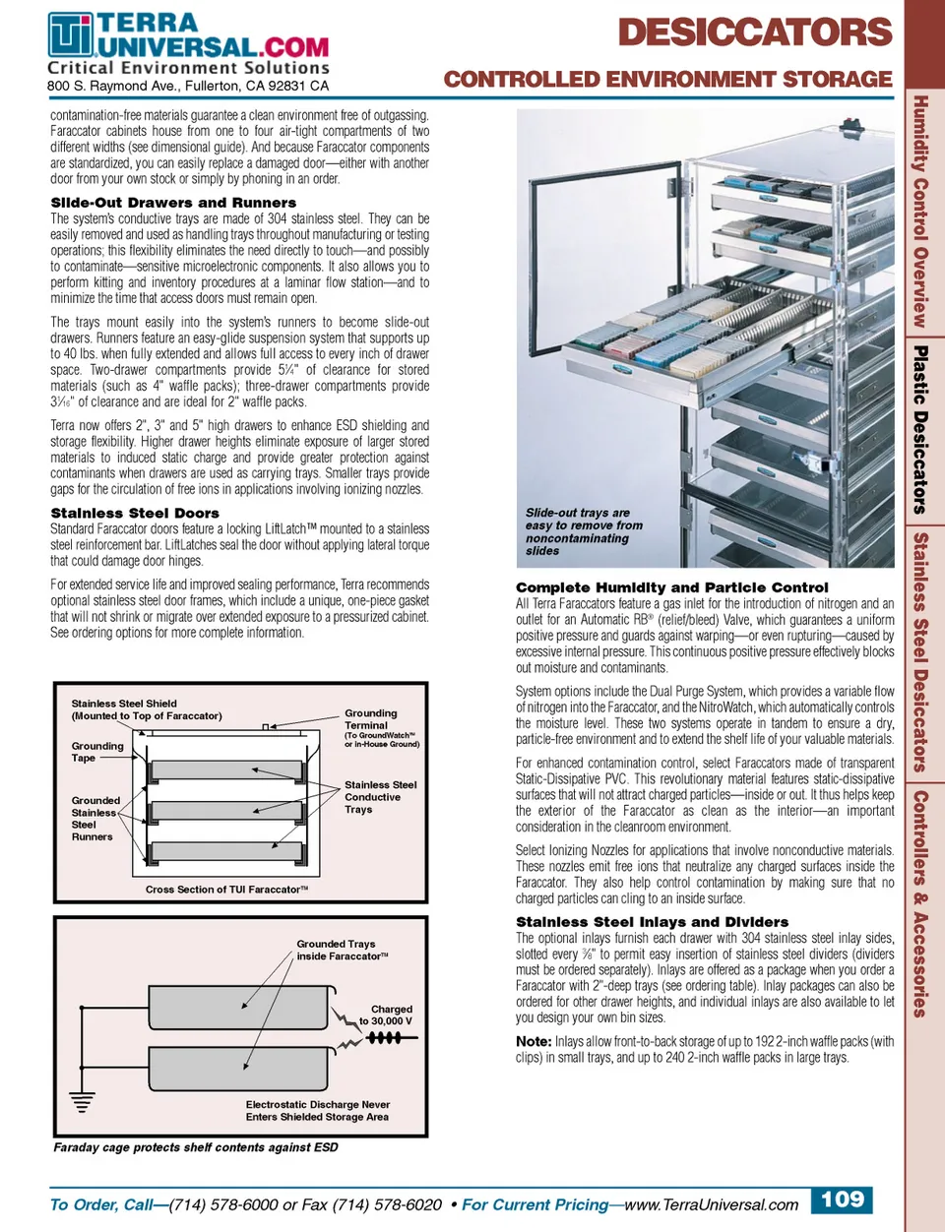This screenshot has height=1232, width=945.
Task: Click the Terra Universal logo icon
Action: pyautogui.click(x=71, y=35)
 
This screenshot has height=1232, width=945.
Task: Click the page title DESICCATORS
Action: pyautogui.click(x=754, y=32)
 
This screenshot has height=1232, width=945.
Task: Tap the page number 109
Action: pyautogui.click(x=842, y=1200)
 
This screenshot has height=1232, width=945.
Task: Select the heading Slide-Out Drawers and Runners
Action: pyautogui.click(x=173, y=202)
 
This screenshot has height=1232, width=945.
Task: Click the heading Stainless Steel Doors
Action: pyautogui.click(x=135, y=513)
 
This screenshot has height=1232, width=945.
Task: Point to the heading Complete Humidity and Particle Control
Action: pyautogui.click(x=671, y=586)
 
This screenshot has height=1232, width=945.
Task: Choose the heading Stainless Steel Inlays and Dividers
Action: pyautogui.click(x=652, y=922)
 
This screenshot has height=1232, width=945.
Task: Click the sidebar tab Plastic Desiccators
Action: pyautogui.click(x=920, y=429)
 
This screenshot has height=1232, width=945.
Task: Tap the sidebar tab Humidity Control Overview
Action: pyautogui.click(x=920, y=211)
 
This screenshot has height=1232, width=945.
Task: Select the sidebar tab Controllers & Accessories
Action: pyautogui.click(x=920, y=902)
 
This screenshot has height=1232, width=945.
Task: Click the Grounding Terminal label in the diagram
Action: pyautogui.click(x=371, y=718)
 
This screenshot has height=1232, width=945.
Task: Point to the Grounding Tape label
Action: pyautogui.click(x=97, y=752)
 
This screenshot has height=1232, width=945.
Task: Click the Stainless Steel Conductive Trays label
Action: pyautogui.click(x=380, y=797)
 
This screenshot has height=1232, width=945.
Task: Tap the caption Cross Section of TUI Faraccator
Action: pyautogui.click(x=226, y=890)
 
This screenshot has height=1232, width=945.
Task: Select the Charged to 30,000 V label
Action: pyautogui.click(x=387, y=1015)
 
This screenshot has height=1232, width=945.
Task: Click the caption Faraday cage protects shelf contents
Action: pyautogui.click(x=195, y=1147)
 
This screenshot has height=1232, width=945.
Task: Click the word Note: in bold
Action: pyautogui.click(x=534, y=1041)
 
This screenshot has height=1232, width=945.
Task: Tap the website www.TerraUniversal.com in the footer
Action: pyautogui.click(x=711, y=1204)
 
